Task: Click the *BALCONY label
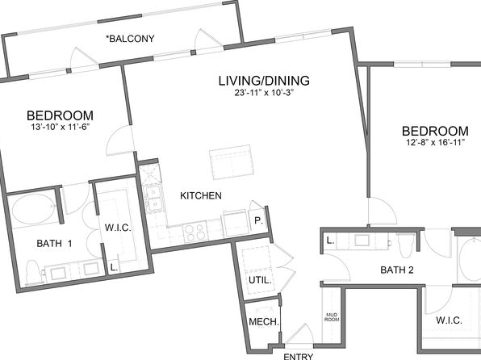click(x=130, y=39)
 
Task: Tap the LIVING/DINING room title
click(x=264, y=81)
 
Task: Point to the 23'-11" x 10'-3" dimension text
click(x=264, y=93)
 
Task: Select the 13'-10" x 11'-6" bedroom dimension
click(x=60, y=127)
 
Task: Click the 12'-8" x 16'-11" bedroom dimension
click(x=435, y=142)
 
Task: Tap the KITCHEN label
click(x=201, y=195)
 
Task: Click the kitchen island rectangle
click(x=232, y=162)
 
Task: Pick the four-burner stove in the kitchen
click(x=195, y=232)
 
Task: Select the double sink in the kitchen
click(x=153, y=199)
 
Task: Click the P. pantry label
click(x=259, y=220)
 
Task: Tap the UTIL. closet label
click(x=260, y=280)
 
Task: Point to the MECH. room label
click(x=264, y=322)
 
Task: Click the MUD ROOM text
click(x=332, y=317)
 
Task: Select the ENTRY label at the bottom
click(x=298, y=356)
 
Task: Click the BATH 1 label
click(x=54, y=244)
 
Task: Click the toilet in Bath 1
click(x=32, y=272)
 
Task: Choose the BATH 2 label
click(x=397, y=270)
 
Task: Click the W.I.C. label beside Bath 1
click(x=118, y=228)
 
